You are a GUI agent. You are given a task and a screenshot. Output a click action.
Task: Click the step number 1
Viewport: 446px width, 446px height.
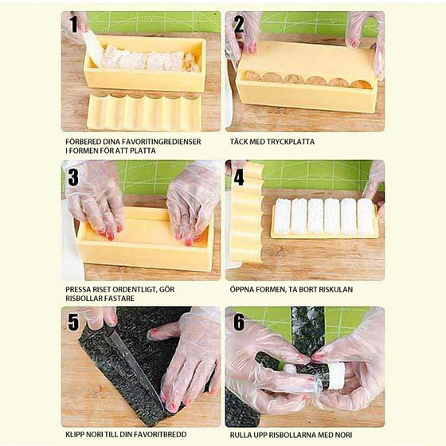pyautogui.click(x=74, y=25)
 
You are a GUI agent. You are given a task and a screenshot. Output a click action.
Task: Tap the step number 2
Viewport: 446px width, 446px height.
pyautogui.click(x=238, y=25)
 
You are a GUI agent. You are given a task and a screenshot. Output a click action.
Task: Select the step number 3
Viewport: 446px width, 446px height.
pyautogui.click(x=74, y=174)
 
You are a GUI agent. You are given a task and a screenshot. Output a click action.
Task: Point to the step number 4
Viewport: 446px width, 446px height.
pyautogui.click(x=238, y=174)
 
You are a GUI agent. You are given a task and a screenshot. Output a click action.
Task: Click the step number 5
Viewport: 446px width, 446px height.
pyautogui.click(x=74, y=323)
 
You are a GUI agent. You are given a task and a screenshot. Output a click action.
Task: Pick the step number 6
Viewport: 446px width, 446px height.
pyautogui.click(x=238, y=323)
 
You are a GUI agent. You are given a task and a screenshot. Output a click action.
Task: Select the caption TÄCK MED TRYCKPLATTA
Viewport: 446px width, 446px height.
pyautogui.click(x=272, y=142)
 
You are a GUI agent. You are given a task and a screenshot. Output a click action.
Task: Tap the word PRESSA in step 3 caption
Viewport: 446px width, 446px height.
pyautogui.click(x=80, y=290)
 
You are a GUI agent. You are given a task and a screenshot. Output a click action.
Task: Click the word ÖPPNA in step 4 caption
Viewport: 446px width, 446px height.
pyautogui.click(x=242, y=290)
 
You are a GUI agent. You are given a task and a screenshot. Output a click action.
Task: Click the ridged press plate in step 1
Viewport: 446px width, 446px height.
pyautogui.click(x=143, y=111)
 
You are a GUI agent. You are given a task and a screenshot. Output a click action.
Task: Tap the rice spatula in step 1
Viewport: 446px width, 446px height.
pyautogui.click(x=93, y=48)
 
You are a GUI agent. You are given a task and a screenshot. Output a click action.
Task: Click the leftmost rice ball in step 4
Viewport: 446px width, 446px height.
pyautogui.click(x=283, y=215)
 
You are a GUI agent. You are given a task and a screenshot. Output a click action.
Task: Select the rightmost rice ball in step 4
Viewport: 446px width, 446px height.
pyautogui.click(x=365, y=216)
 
